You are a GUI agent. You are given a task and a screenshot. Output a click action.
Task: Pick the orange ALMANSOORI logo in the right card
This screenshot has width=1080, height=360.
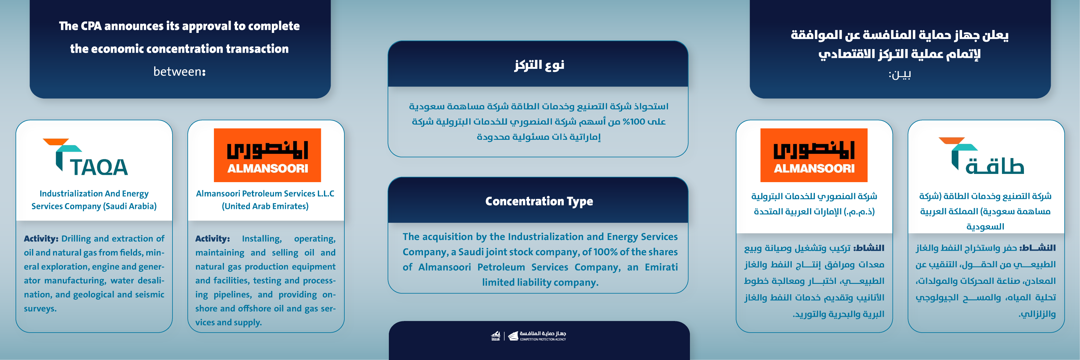pyautogui.click(x=813, y=155)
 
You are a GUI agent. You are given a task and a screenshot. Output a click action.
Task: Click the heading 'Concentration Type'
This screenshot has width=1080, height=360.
pyautogui.click(x=539, y=201)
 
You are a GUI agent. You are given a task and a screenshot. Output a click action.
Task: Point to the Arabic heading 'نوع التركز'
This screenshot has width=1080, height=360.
pyautogui.click(x=539, y=65)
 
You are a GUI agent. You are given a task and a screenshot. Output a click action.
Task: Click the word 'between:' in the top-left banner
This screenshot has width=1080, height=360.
pyautogui.click(x=179, y=72)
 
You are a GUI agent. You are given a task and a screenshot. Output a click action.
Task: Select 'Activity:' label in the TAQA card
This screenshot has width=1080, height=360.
pyautogui.click(x=41, y=238)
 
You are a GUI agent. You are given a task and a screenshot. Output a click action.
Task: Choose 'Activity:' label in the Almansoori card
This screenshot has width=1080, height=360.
pyautogui.click(x=212, y=238)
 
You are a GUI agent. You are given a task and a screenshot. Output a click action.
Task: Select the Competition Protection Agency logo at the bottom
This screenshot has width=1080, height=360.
pyautogui.click(x=529, y=336)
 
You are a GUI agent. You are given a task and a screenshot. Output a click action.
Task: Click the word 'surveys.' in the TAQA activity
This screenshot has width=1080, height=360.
pyautogui.click(x=40, y=309)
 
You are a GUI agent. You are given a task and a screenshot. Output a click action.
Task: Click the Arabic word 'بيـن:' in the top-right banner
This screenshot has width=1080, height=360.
pyautogui.click(x=899, y=75)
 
